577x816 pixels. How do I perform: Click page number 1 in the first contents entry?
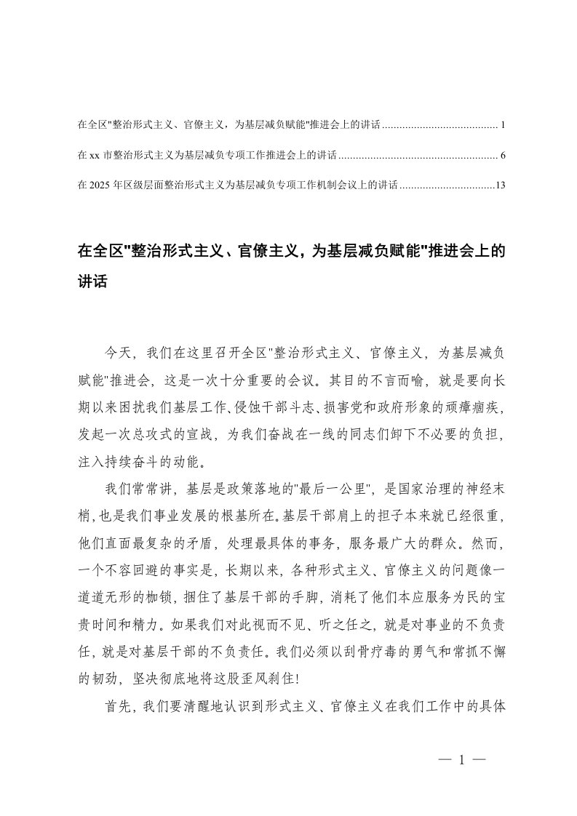(x=502, y=126)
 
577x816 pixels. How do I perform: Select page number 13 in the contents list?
(x=499, y=185)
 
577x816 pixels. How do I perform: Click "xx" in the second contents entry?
(x=93, y=156)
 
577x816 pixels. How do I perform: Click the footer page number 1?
(x=461, y=760)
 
